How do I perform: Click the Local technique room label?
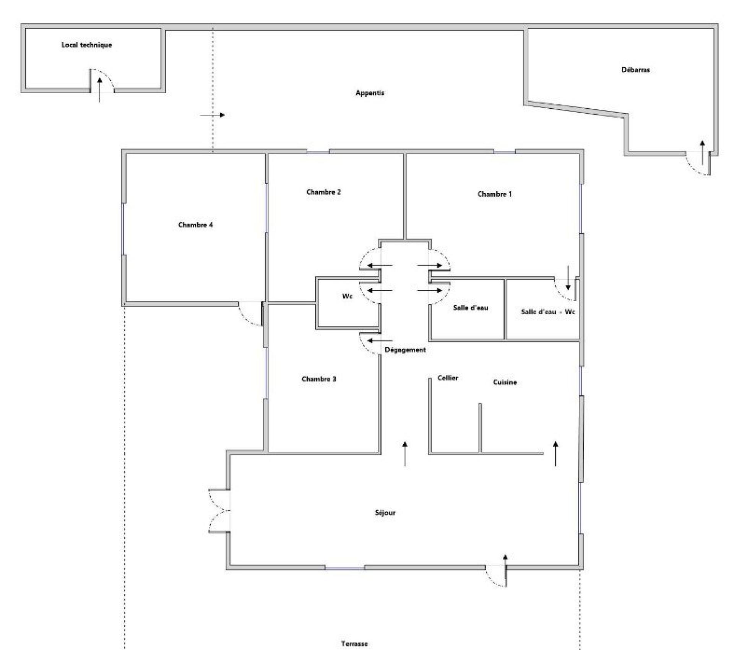click(x=87, y=45)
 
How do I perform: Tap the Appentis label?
click(x=370, y=93)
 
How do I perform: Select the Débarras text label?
click(x=636, y=70)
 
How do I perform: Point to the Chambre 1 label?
click(x=495, y=194)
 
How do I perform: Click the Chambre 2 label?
click(x=323, y=192)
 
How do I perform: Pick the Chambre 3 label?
click(x=319, y=379)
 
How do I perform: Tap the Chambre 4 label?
click(x=195, y=225)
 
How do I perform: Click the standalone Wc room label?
click(x=347, y=296)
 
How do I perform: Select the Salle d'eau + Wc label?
click(x=548, y=312)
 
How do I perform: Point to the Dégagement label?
click(x=405, y=349)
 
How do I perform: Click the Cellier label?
click(x=448, y=378)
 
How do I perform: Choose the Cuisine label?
click(x=505, y=382)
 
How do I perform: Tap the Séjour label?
click(x=385, y=513)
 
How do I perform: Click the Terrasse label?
click(x=354, y=644)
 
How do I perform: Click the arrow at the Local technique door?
click(x=99, y=89)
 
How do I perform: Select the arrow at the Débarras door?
click(x=702, y=153)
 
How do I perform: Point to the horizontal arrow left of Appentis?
click(x=213, y=115)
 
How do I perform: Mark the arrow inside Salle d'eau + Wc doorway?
click(x=568, y=278)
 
